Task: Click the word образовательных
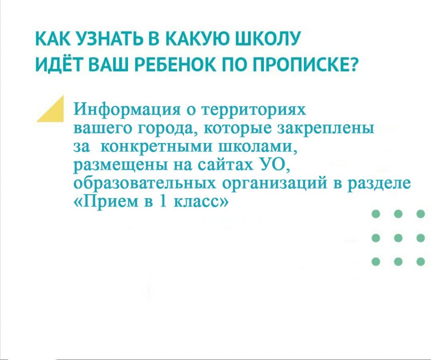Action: pos(145,183)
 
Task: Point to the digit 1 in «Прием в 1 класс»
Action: pos(163,201)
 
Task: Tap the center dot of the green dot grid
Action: pos(398,238)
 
